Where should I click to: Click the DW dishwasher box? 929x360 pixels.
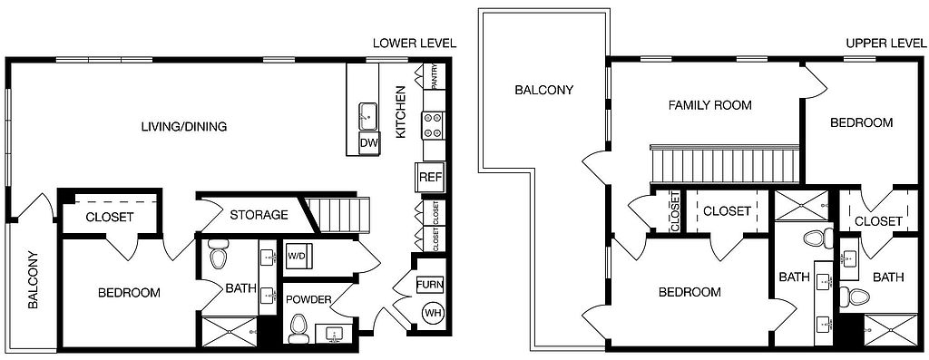coord(370,142)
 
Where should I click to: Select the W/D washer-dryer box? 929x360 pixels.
coord(297,256)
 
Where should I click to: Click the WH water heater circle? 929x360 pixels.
coord(431,312)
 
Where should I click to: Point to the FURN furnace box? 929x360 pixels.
coord(430,285)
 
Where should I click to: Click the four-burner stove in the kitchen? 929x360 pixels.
coord(433,125)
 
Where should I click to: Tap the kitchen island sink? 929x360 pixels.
coord(368,116)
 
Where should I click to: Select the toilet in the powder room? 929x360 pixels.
coord(298,328)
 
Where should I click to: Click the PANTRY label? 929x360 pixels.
coord(435,76)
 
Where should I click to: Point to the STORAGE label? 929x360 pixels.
coord(259,214)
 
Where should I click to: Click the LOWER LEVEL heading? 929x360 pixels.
coord(415,44)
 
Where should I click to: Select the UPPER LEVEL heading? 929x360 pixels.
coord(885,44)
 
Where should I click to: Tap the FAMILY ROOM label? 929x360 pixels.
coord(709,105)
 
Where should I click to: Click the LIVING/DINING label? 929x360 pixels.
coord(184,127)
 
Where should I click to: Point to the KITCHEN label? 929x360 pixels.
coord(401,112)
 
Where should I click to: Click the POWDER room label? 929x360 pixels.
coord(308,299)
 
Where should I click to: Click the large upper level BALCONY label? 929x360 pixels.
coord(544,90)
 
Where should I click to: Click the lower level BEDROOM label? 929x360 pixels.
coord(129,293)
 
